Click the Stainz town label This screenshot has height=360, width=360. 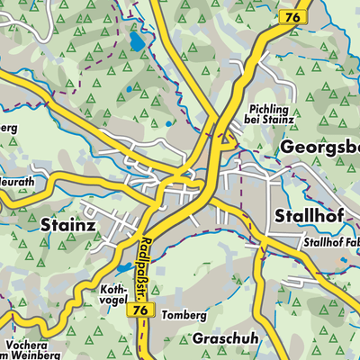point(67,227)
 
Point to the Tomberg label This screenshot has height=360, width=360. point(184,316)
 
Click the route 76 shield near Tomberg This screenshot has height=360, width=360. point(139,309)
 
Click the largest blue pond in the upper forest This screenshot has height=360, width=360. point(136,41)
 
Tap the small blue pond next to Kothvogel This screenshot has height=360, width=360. point(121,269)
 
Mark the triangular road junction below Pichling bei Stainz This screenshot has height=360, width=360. point(225,139)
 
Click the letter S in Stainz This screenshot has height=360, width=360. point(48,227)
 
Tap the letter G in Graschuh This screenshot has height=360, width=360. point(200,339)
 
